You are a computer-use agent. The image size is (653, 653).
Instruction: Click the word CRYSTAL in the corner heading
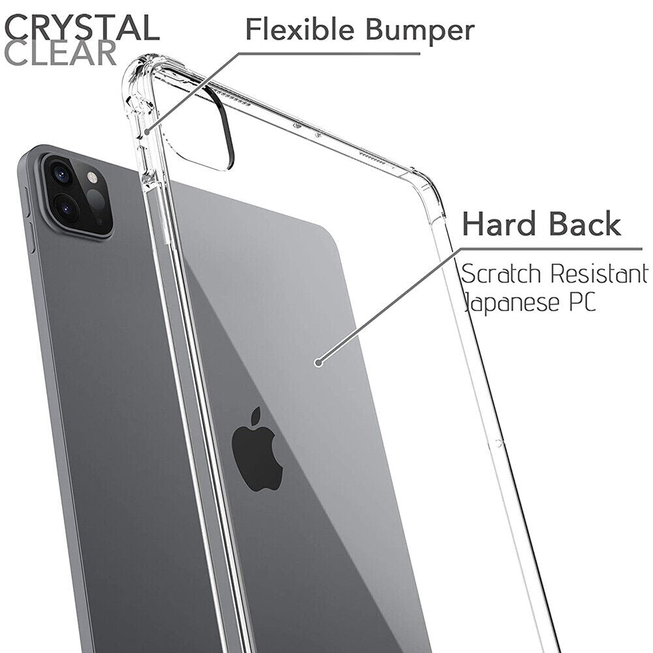82,27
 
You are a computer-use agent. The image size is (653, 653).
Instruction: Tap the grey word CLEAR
61,53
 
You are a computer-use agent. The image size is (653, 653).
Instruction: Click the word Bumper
420,31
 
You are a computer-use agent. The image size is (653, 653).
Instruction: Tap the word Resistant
599,273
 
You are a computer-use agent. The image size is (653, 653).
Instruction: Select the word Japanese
512,302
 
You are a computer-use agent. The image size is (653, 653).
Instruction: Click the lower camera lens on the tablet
66,207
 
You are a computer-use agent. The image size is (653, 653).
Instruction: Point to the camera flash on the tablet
91,178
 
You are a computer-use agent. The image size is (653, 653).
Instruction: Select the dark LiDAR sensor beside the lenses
96,202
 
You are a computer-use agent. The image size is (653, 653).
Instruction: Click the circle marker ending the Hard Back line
318,362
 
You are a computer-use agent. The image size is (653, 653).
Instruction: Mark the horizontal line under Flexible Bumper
329,53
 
